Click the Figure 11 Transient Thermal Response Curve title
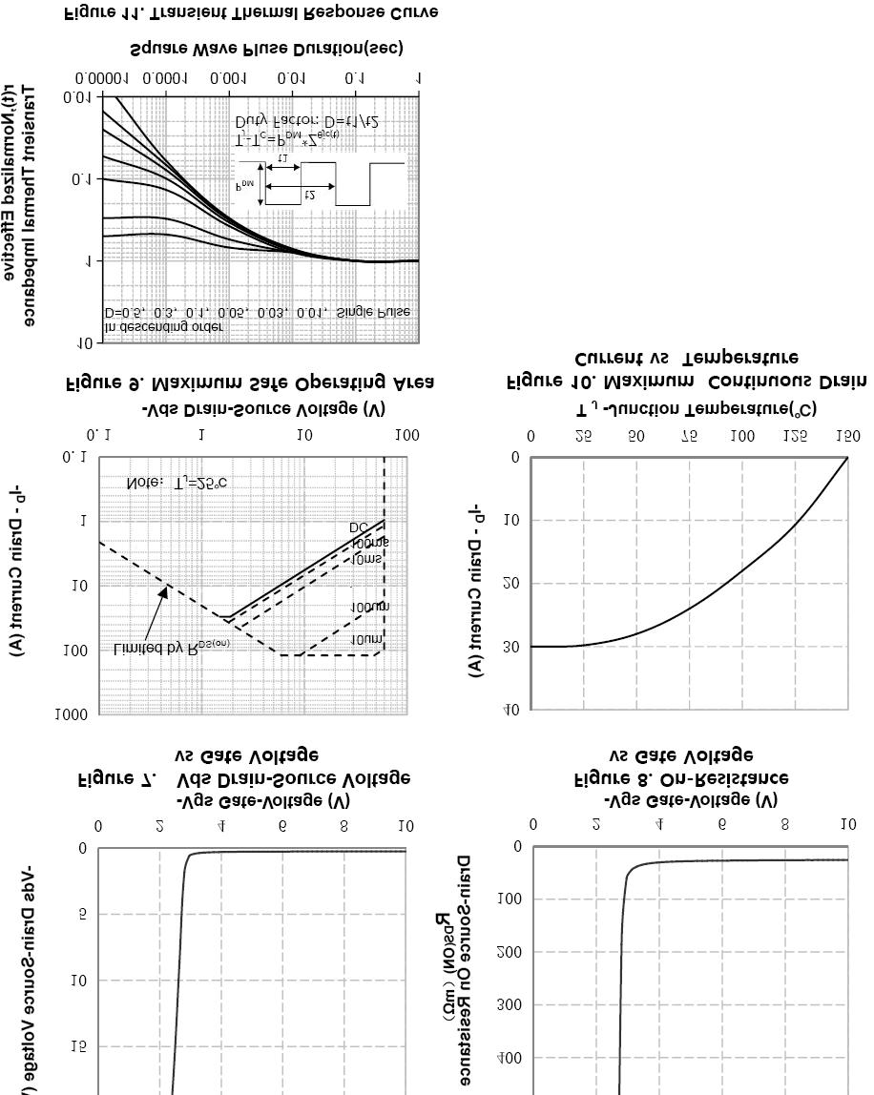tap(239, 12)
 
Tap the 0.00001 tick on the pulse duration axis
tap(98, 77)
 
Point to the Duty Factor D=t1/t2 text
tap(307, 121)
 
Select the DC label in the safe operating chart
tap(358, 527)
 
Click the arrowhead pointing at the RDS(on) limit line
tap(164, 591)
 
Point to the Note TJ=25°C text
tap(177, 484)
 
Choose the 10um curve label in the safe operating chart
tap(369, 639)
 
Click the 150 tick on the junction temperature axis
tap(846, 436)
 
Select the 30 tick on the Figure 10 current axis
tap(512, 647)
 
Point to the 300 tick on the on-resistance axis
tap(510, 1005)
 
